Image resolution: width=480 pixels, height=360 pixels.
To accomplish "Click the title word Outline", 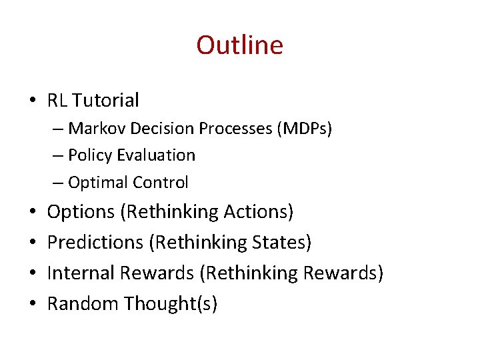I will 239,45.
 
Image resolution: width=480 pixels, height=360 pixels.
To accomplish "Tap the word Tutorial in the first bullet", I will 106,101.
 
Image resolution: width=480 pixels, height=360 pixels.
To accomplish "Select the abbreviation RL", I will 57,101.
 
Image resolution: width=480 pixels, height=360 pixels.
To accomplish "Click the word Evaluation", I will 157,155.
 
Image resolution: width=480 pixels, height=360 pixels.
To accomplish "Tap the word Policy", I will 91,155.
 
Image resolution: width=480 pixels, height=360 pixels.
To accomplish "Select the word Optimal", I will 98,182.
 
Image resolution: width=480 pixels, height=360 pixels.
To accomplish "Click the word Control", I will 161,182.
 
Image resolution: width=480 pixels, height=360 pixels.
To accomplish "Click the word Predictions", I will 95,243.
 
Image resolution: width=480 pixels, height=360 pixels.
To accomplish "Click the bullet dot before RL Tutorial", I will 33,101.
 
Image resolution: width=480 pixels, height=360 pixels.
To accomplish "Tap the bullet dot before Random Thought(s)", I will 33,305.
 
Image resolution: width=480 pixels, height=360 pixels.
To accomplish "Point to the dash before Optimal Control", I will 58,183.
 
